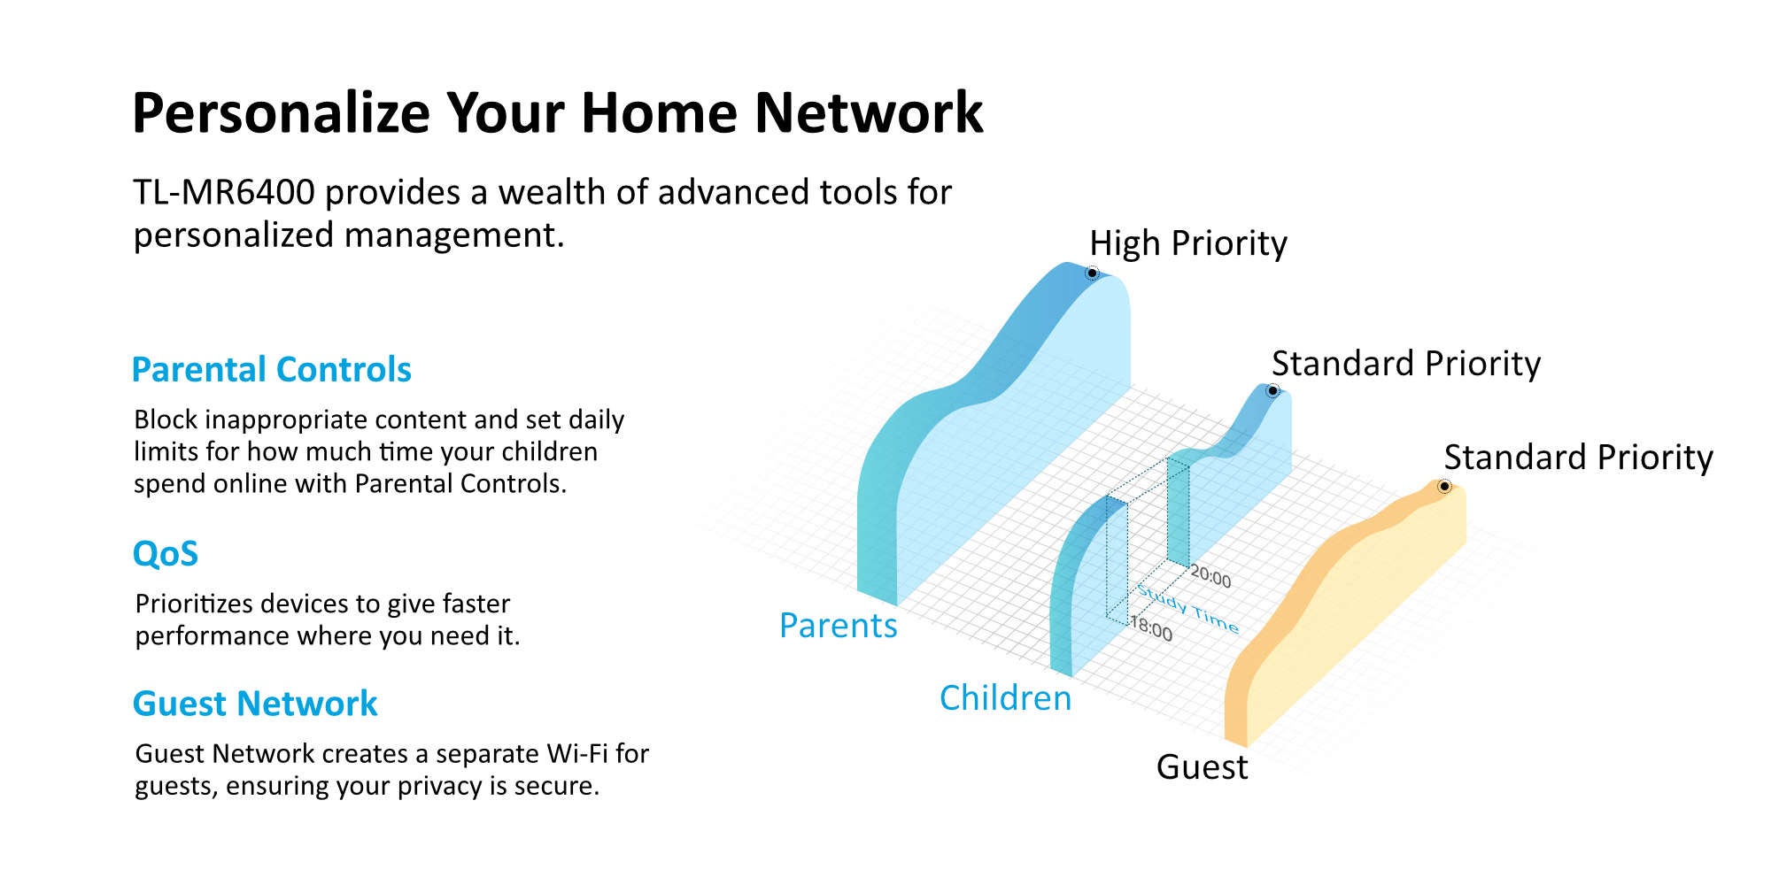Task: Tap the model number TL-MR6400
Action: [224, 193]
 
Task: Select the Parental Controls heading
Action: [272, 370]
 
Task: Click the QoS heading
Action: [166, 554]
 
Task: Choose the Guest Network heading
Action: [255, 704]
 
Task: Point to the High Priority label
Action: [1188, 244]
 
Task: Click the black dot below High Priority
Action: [1092, 273]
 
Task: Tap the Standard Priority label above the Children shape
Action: [1406, 365]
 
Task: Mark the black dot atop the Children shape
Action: [1272, 391]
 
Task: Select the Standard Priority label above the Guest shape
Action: [1578, 458]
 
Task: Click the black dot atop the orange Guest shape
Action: [1443, 487]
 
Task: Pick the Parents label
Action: [839, 626]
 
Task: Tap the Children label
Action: [1006, 698]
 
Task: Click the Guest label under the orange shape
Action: [1202, 767]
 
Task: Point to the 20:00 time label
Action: [1210, 577]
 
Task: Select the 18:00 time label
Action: [1151, 629]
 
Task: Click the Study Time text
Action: [1187, 609]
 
